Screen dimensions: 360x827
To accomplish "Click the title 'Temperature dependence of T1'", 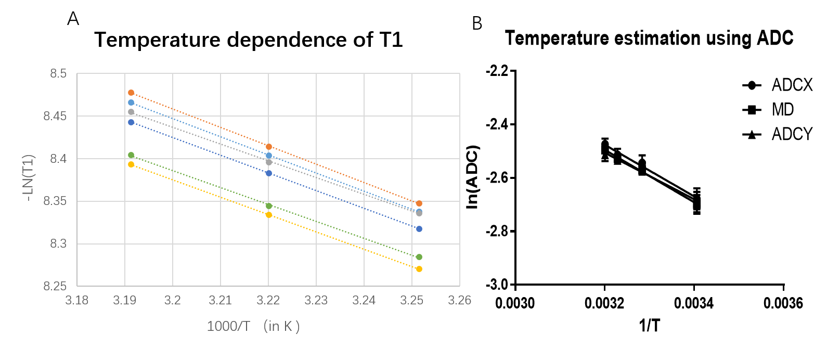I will (249, 40).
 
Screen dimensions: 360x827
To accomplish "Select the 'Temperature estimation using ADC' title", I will (649, 38).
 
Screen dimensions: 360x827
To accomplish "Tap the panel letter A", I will (73, 19).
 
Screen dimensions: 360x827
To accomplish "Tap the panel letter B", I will (477, 24).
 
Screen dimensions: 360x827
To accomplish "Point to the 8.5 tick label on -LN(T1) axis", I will (58, 74).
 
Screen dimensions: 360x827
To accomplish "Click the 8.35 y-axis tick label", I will (55, 201).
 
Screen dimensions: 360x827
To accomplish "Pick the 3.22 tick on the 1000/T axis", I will (268, 301).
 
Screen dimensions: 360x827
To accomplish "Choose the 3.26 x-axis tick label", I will (460, 301).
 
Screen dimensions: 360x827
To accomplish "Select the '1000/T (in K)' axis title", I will (253, 326).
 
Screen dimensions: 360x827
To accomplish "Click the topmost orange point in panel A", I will (131, 93).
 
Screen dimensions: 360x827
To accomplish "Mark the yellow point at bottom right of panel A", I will (419, 269).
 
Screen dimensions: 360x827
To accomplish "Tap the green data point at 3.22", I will (269, 206).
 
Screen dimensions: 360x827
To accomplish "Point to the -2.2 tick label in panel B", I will (497, 71).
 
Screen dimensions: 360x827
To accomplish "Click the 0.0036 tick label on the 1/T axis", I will (783, 303).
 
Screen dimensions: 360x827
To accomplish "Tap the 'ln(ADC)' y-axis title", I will (472, 177).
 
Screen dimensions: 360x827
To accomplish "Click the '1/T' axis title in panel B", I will (649, 326).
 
